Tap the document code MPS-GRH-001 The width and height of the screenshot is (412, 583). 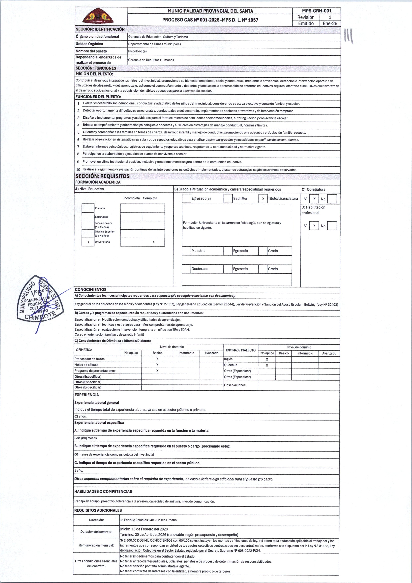317,11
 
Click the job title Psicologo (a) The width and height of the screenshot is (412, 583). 137,51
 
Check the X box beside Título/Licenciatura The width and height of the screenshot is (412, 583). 263,199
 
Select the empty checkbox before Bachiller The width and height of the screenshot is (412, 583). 228,199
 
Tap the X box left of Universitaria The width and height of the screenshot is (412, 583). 88,242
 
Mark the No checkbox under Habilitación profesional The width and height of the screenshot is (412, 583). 332,226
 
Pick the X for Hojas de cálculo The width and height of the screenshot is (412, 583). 157,365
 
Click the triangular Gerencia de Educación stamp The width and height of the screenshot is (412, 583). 41,300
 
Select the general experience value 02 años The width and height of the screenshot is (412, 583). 81,416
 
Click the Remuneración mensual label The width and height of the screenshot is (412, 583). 96,545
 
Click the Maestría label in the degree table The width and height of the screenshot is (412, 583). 198,251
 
